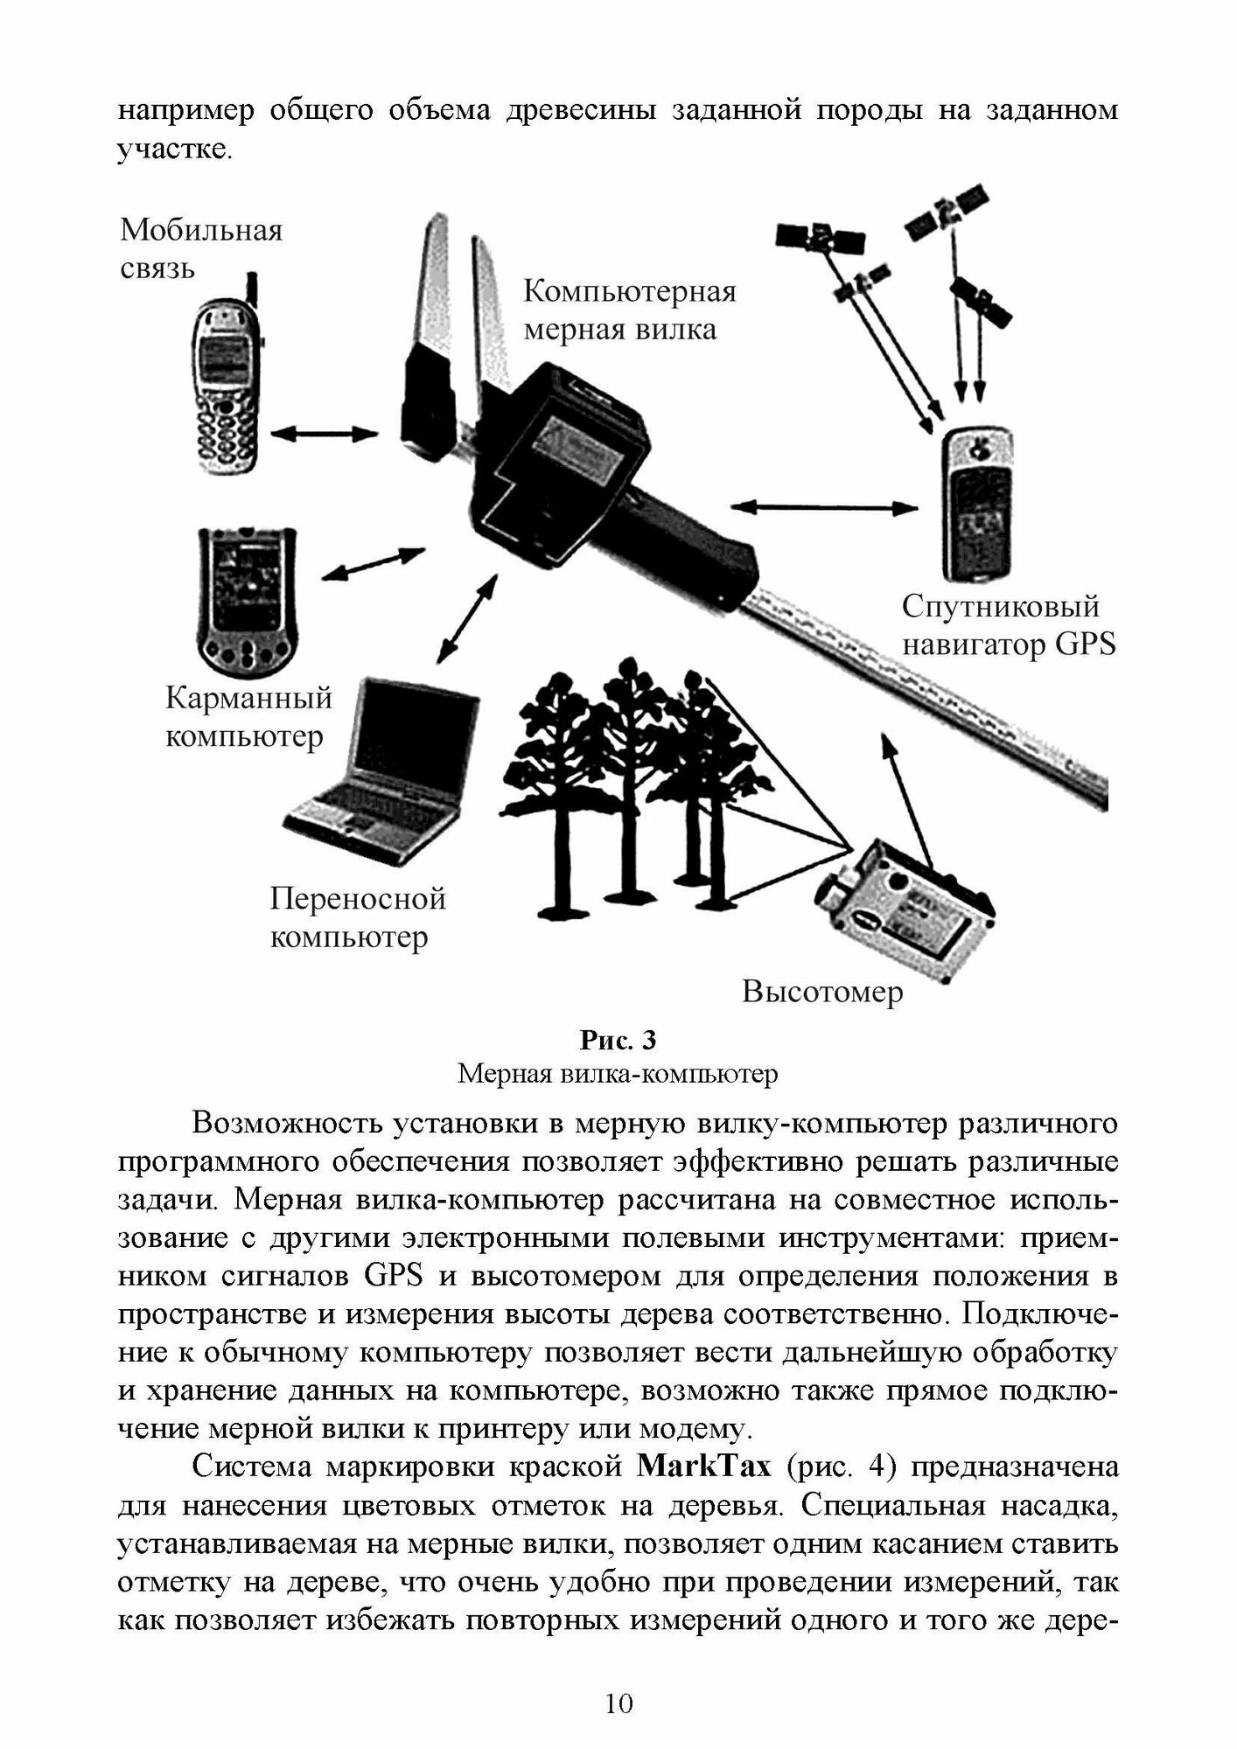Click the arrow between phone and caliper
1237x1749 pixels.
pyautogui.click(x=324, y=432)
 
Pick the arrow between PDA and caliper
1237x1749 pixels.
pyautogui.click(x=374, y=562)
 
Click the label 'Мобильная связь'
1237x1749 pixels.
pyautogui.click(x=201, y=248)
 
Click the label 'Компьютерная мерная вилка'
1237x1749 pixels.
pyautogui.click(x=629, y=310)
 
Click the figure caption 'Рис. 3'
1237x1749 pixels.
pyautogui.click(x=618, y=1041)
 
